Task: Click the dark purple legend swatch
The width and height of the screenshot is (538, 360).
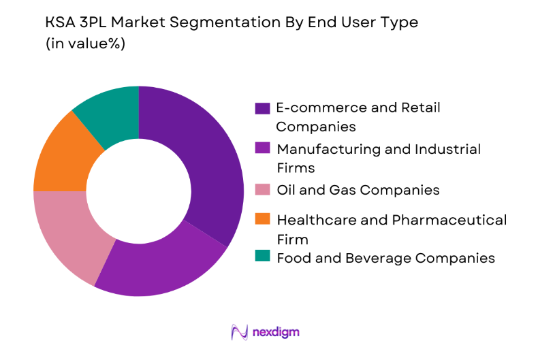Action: click(x=262, y=109)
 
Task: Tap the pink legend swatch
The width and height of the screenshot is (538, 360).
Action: click(x=262, y=190)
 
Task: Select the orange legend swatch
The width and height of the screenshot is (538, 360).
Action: click(x=262, y=219)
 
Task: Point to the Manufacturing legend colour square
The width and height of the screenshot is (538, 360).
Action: click(x=262, y=148)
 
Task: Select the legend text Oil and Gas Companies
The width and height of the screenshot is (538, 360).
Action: click(x=358, y=190)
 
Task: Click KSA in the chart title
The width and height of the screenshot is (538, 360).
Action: click(x=59, y=22)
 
